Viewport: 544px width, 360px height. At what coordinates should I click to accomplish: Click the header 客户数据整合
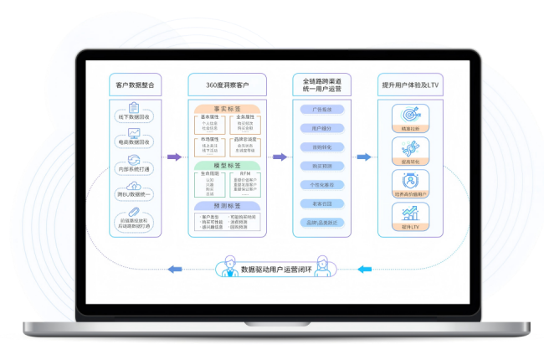pyautogui.click(x=135, y=85)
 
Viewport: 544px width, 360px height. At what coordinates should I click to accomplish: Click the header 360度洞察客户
pyautogui.click(x=228, y=85)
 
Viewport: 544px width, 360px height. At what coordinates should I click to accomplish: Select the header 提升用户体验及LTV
pyautogui.click(x=410, y=85)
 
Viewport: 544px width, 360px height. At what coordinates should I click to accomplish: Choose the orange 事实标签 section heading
pyautogui.click(x=228, y=108)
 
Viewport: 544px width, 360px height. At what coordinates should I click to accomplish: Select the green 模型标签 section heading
pyautogui.click(x=228, y=165)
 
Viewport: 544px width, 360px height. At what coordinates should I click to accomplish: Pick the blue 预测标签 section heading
pyautogui.click(x=228, y=205)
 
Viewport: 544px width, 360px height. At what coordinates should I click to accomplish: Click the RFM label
pyautogui.click(x=245, y=174)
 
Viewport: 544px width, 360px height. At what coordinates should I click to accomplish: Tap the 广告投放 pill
pyautogui.click(x=321, y=110)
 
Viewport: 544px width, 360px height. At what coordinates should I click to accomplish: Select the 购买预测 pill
pyautogui.click(x=321, y=166)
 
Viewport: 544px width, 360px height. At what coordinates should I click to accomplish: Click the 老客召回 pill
pyautogui.click(x=321, y=203)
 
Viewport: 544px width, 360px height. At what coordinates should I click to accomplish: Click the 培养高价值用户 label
pyautogui.click(x=410, y=194)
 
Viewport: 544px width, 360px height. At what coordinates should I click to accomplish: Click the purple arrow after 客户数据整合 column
pyautogui.click(x=174, y=157)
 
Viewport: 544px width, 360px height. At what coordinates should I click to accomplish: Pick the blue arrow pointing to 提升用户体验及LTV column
pyautogui.click(x=363, y=157)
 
